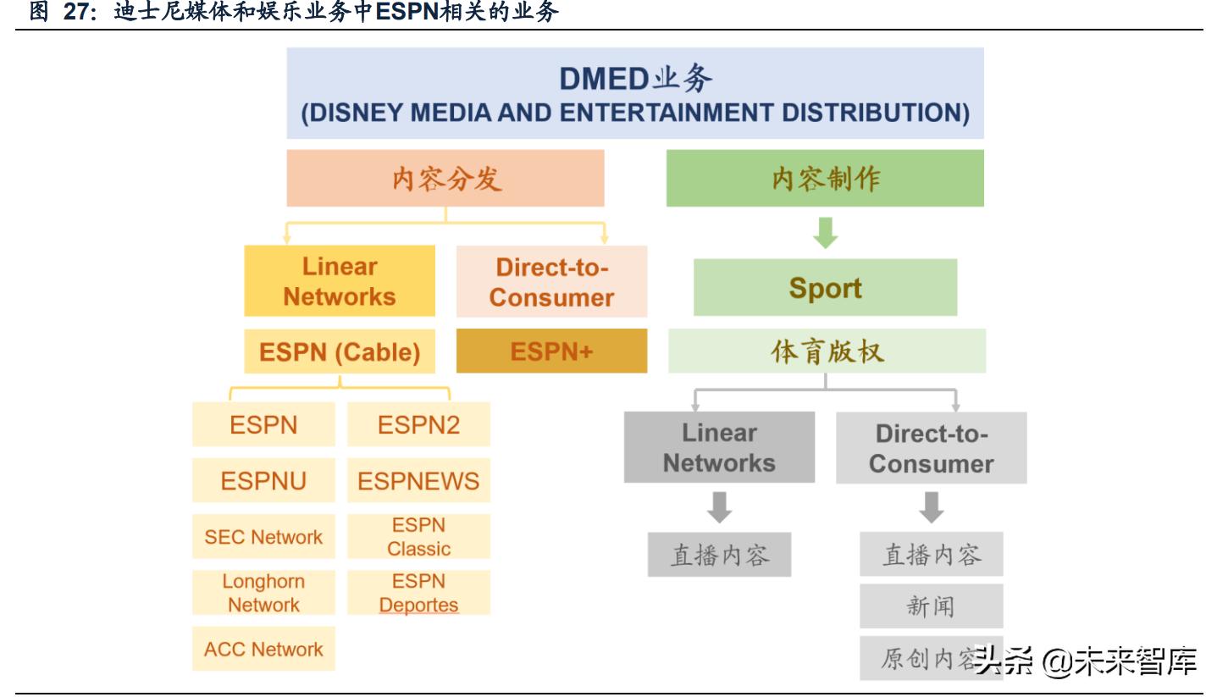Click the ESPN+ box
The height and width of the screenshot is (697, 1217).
[x=551, y=351]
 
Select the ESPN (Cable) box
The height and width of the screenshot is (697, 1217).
[x=340, y=351]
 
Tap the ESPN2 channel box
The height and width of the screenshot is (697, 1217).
[x=418, y=424]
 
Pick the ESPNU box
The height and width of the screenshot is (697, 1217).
[x=263, y=480]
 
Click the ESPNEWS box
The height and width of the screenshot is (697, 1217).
[x=418, y=480]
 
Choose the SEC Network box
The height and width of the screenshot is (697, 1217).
[x=263, y=536]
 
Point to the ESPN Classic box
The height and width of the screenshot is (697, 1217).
[x=418, y=536]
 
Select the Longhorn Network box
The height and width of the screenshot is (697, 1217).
[x=263, y=592]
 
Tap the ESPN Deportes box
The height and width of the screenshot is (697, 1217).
[x=418, y=592]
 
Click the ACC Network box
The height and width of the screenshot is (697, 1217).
[x=263, y=648]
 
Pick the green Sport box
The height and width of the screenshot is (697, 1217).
[x=825, y=287]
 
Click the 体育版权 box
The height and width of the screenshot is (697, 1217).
[x=827, y=351]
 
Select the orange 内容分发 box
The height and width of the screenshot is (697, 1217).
[x=445, y=178]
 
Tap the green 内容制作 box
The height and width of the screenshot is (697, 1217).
[x=825, y=178]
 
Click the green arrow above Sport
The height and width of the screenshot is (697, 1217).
[x=825, y=233]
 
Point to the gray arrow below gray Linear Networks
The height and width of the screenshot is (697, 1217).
[x=719, y=507]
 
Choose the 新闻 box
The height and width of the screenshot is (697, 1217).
[x=932, y=606]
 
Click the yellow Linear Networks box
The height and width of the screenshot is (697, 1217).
[x=340, y=281]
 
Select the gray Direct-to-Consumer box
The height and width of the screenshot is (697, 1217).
[x=932, y=448]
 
